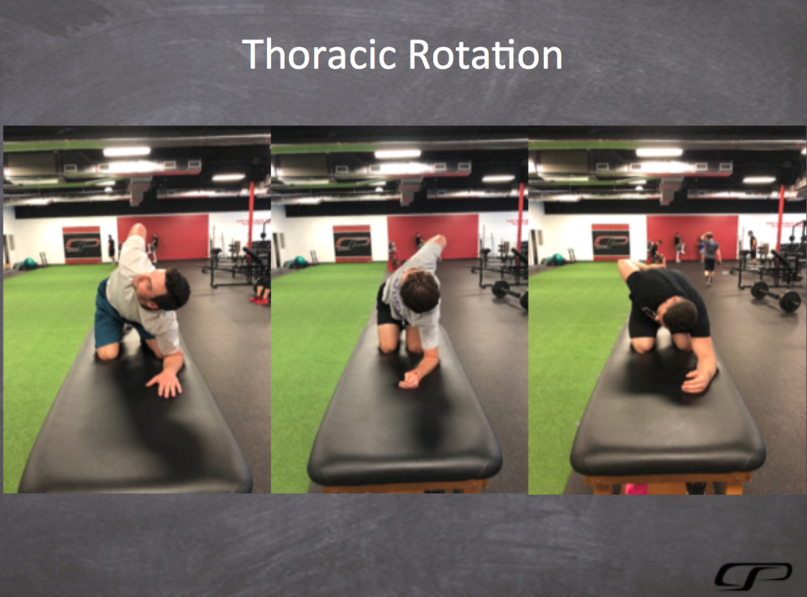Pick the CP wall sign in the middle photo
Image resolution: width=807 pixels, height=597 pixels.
click(x=352, y=244)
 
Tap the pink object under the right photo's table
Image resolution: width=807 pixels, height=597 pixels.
click(x=636, y=489)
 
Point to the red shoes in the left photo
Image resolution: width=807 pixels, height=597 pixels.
click(x=259, y=300)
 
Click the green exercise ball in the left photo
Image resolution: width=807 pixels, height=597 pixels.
click(x=28, y=263)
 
